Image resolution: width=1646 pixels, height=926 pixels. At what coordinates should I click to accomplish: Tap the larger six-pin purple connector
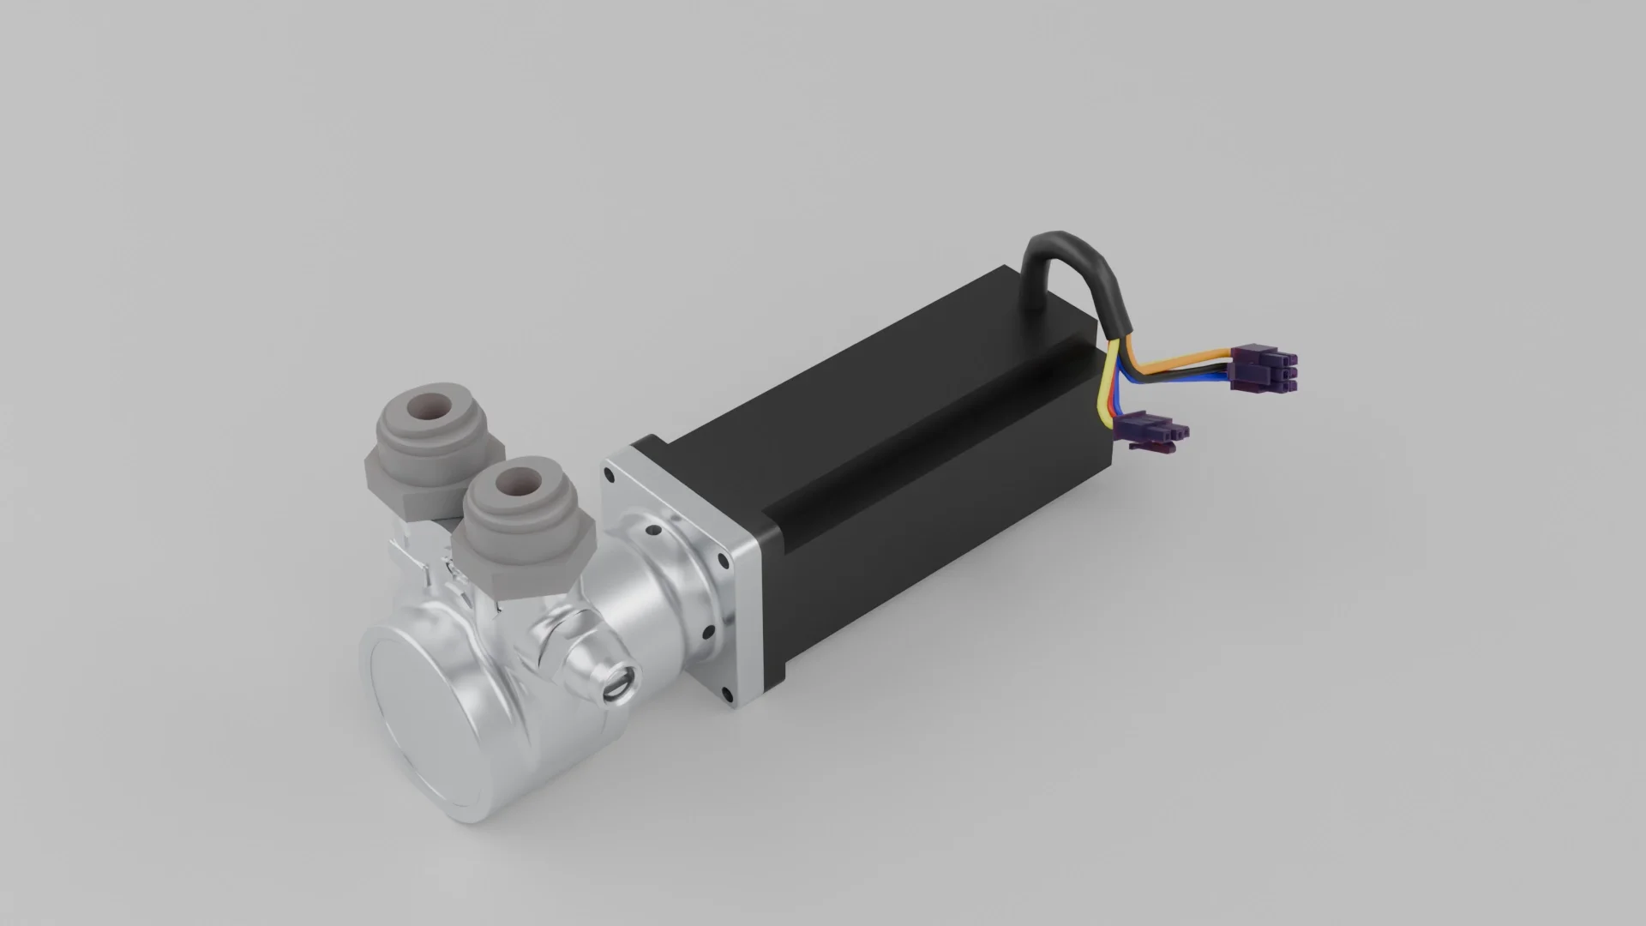1265,365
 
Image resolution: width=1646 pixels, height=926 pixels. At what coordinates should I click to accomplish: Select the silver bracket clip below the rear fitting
403,549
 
